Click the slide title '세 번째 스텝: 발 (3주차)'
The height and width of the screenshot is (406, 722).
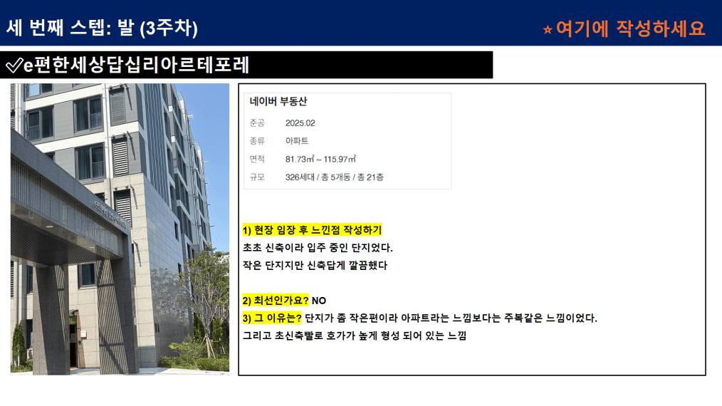tap(102, 28)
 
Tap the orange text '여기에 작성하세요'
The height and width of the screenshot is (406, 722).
tap(630, 28)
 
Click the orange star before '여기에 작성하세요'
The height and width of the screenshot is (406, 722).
tap(548, 30)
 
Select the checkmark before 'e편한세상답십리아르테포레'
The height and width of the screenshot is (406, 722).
tap(14, 65)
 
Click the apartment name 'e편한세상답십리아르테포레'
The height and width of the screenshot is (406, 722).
tap(136, 65)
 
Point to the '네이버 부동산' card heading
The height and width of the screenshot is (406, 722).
tap(278, 101)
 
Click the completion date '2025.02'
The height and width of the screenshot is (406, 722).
tap(300, 123)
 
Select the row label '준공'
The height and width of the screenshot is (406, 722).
tap(257, 123)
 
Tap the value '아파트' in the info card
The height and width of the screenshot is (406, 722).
tap(297, 141)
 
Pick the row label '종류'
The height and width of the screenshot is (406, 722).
tap(257, 141)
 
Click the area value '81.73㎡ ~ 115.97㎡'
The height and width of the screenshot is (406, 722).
tap(320, 159)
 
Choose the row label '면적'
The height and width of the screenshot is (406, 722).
tap(257, 159)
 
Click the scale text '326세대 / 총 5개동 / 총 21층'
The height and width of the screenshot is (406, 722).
tap(334, 177)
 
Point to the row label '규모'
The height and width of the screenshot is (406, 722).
tap(257, 177)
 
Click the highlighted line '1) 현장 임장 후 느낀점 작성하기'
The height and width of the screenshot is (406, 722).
tap(312, 230)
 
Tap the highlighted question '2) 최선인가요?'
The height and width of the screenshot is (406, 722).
tap(276, 301)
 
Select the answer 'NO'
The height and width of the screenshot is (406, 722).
tap(319, 301)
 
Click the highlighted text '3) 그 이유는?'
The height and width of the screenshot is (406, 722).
tap(272, 318)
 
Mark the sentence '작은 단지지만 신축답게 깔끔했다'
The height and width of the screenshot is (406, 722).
tap(315, 266)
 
